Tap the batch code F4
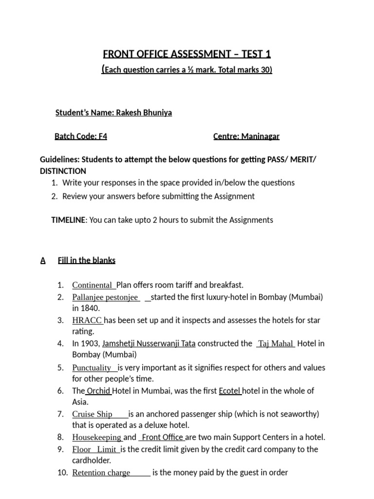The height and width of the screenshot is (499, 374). tap(102, 136)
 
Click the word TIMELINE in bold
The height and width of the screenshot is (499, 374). tap(68, 220)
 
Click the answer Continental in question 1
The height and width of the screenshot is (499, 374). tap(92, 285)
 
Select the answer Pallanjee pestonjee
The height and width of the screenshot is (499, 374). tap(106, 297)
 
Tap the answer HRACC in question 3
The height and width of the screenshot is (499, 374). tap(87, 321)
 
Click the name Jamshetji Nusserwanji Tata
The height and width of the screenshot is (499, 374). tap(149, 344)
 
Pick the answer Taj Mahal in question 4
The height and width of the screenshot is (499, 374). tap(276, 344)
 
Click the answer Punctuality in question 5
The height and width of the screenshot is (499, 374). tap(92, 368)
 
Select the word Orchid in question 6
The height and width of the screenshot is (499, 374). tap(99, 391)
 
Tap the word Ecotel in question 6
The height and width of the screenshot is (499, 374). tap(230, 391)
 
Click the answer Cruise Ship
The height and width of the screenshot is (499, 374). tap(93, 414)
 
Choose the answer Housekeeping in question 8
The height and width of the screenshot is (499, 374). tap(97, 437)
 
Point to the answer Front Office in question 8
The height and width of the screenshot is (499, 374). tap(162, 437)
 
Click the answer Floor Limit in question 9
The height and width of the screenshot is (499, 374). tap(94, 449)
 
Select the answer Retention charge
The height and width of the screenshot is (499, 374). tap(101, 473)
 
